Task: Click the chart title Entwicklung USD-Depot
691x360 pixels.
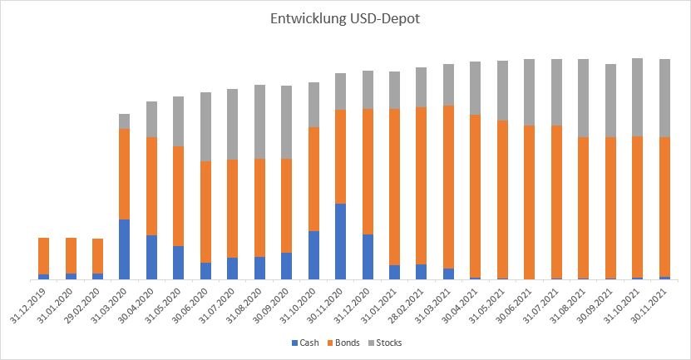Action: tap(344, 19)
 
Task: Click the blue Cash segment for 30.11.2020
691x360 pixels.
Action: tap(340, 241)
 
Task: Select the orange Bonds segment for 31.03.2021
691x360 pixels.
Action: tap(448, 187)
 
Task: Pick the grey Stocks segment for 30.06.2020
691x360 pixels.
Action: tap(205, 126)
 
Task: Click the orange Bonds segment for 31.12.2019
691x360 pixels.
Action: tap(43, 256)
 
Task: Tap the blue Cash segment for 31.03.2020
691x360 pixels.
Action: tap(125, 249)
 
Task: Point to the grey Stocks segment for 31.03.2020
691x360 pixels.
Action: tap(125, 121)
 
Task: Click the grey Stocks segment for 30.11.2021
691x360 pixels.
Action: tap(664, 98)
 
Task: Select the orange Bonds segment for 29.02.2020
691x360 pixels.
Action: tap(97, 256)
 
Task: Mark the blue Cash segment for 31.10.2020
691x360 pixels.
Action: tap(313, 254)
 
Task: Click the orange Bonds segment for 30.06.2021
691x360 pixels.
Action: tap(529, 202)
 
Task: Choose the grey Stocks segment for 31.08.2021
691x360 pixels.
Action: tap(583, 98)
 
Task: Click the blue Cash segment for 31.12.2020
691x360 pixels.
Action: tap(368, 257)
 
